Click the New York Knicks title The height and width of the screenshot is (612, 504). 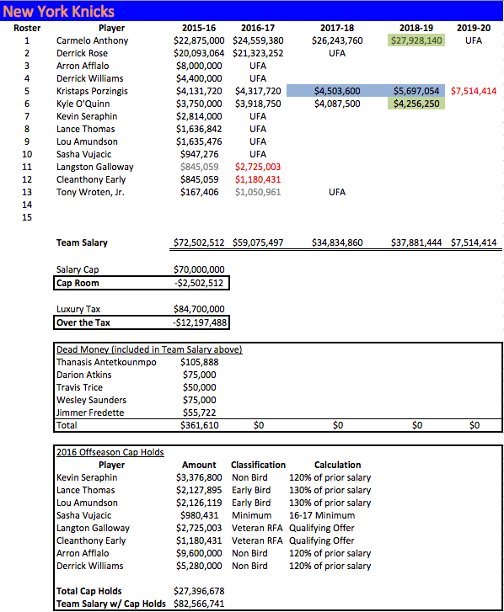[59, 12]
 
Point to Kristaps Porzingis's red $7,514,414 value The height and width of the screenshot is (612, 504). [474, 90]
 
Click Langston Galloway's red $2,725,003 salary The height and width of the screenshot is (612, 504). [257, 167]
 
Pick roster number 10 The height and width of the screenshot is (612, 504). [26, 154]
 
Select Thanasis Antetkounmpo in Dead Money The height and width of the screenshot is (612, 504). [106, 362]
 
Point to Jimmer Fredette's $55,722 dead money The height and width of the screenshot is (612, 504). [198, 412]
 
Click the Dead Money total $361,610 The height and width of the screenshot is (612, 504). [198, 425]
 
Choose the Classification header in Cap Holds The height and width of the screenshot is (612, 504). [258, 465]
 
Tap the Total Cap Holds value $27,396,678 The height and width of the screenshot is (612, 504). [199, 591]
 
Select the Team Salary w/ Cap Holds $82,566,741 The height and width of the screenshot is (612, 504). [199, 604]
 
